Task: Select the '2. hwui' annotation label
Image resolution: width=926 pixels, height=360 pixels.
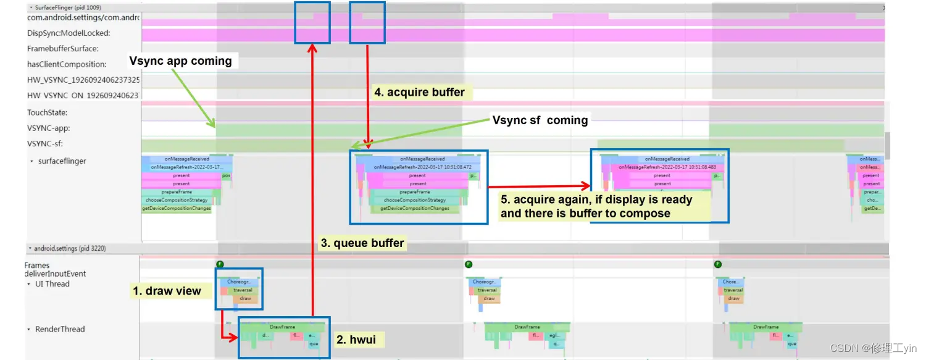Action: (x=356, y=339)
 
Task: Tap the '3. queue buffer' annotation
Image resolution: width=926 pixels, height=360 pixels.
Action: (x=362, y=243)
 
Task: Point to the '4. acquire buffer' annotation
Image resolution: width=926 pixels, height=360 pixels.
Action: (x=419, y=93)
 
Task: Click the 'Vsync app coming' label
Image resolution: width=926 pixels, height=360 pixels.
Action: (x=180, y=61)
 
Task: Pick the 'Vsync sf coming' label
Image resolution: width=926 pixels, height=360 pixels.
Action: (x=540, y=120)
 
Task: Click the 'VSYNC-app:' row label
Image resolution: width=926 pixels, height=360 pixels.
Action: (x=49, y=128)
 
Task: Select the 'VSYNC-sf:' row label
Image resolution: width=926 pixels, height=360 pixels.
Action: (x=45, y=144)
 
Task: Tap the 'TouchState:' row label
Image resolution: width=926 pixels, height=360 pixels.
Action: (x=48, y=112)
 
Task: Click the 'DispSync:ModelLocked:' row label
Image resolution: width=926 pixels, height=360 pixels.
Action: (x=69, y=33)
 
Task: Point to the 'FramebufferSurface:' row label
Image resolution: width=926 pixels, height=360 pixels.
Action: (x=62, y=49)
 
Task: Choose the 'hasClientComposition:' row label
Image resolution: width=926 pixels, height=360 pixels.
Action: (x=67, y=64)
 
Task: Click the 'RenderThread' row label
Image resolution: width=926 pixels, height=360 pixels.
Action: (x=60, y=329)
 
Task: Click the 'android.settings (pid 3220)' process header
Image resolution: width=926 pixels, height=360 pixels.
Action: (x=70, y=248)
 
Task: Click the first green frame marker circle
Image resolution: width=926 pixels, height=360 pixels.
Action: (x=220, y=264)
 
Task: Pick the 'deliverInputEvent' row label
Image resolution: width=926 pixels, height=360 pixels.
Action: (x=55, y=274)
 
